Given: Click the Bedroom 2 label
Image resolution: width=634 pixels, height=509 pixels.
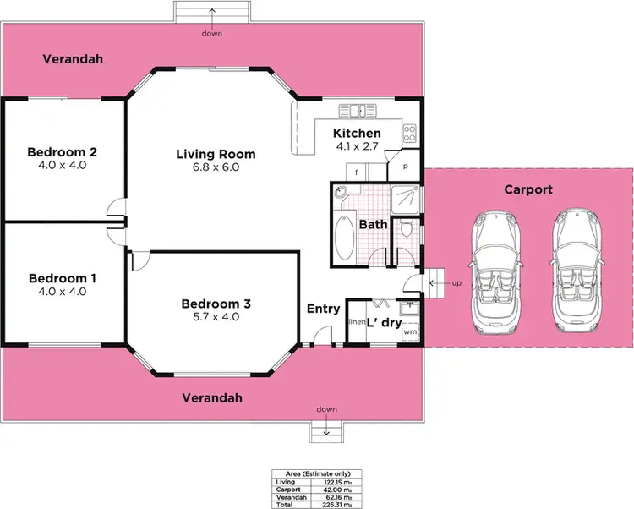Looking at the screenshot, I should [x=63, y=152].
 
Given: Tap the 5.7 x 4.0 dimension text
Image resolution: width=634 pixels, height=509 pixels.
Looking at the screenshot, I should [x=216, y=317].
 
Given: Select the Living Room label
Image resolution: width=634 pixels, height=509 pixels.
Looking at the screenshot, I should [x=216, y=154].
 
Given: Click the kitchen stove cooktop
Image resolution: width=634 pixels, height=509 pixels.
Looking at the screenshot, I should [x=409, y=133].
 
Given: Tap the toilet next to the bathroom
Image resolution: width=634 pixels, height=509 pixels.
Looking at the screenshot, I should [x=407, y=227].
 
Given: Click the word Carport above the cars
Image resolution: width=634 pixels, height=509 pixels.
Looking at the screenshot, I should [x=528, y=189].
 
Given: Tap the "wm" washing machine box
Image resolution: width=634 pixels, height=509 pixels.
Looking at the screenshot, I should [x=409, y=332].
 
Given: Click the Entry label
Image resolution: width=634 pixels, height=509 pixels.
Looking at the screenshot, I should [x=323, y=309].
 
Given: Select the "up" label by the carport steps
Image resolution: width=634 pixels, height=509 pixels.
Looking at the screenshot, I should [x=456, y=282].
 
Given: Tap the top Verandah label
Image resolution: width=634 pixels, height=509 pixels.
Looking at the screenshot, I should [x=73, y=59].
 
